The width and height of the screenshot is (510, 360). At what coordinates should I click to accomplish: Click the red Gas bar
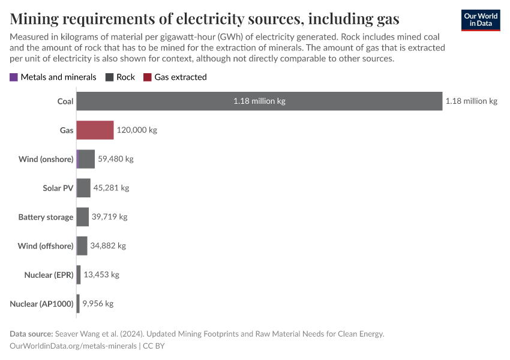(95, 130)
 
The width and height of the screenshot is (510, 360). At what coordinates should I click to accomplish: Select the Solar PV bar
(83, 188)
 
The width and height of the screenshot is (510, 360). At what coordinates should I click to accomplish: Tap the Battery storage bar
(83, 217)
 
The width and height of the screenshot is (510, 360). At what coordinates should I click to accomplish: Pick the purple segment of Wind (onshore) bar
(78, 159)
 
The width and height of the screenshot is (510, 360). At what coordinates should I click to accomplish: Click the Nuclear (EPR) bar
(79, 274)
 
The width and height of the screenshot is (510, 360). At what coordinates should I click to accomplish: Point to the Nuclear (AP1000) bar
(78, 303)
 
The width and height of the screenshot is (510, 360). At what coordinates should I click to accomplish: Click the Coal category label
(65, 101)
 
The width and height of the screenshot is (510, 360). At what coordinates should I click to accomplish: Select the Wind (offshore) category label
(46, 245)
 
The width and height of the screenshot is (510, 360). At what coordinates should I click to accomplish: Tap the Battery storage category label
(46, 217)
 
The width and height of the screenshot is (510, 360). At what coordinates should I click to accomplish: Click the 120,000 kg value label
(136, 130)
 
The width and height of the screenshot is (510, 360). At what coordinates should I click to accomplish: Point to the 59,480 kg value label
(115, 159)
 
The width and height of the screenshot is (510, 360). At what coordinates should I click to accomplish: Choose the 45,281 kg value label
(111, 188)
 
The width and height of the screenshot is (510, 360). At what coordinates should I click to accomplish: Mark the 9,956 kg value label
(98, 303)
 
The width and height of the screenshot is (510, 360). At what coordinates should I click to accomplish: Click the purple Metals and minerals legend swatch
(14, 77)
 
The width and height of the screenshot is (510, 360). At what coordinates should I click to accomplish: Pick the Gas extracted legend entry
(175, 77)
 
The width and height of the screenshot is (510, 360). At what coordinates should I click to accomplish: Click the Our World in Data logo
(481, 20)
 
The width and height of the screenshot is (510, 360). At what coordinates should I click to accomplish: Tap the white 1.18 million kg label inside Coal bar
(259, 101)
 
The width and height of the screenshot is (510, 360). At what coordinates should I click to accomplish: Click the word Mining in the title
(37, 19)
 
